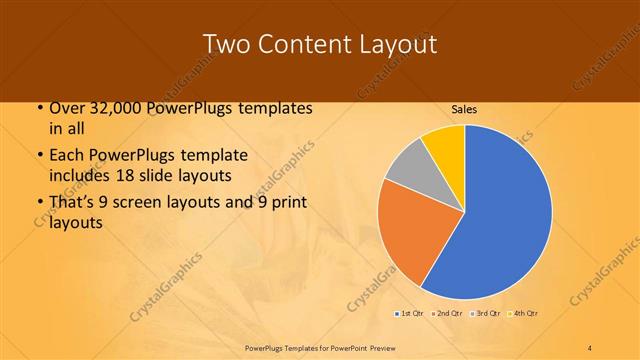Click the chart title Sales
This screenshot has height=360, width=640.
click(464, 108)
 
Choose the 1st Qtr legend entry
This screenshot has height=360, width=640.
click(409, 314)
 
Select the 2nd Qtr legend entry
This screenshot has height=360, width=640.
click(446, 314)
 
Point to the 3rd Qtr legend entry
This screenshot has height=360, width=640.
click(484, 314)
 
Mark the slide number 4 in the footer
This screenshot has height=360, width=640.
click(590, 346)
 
